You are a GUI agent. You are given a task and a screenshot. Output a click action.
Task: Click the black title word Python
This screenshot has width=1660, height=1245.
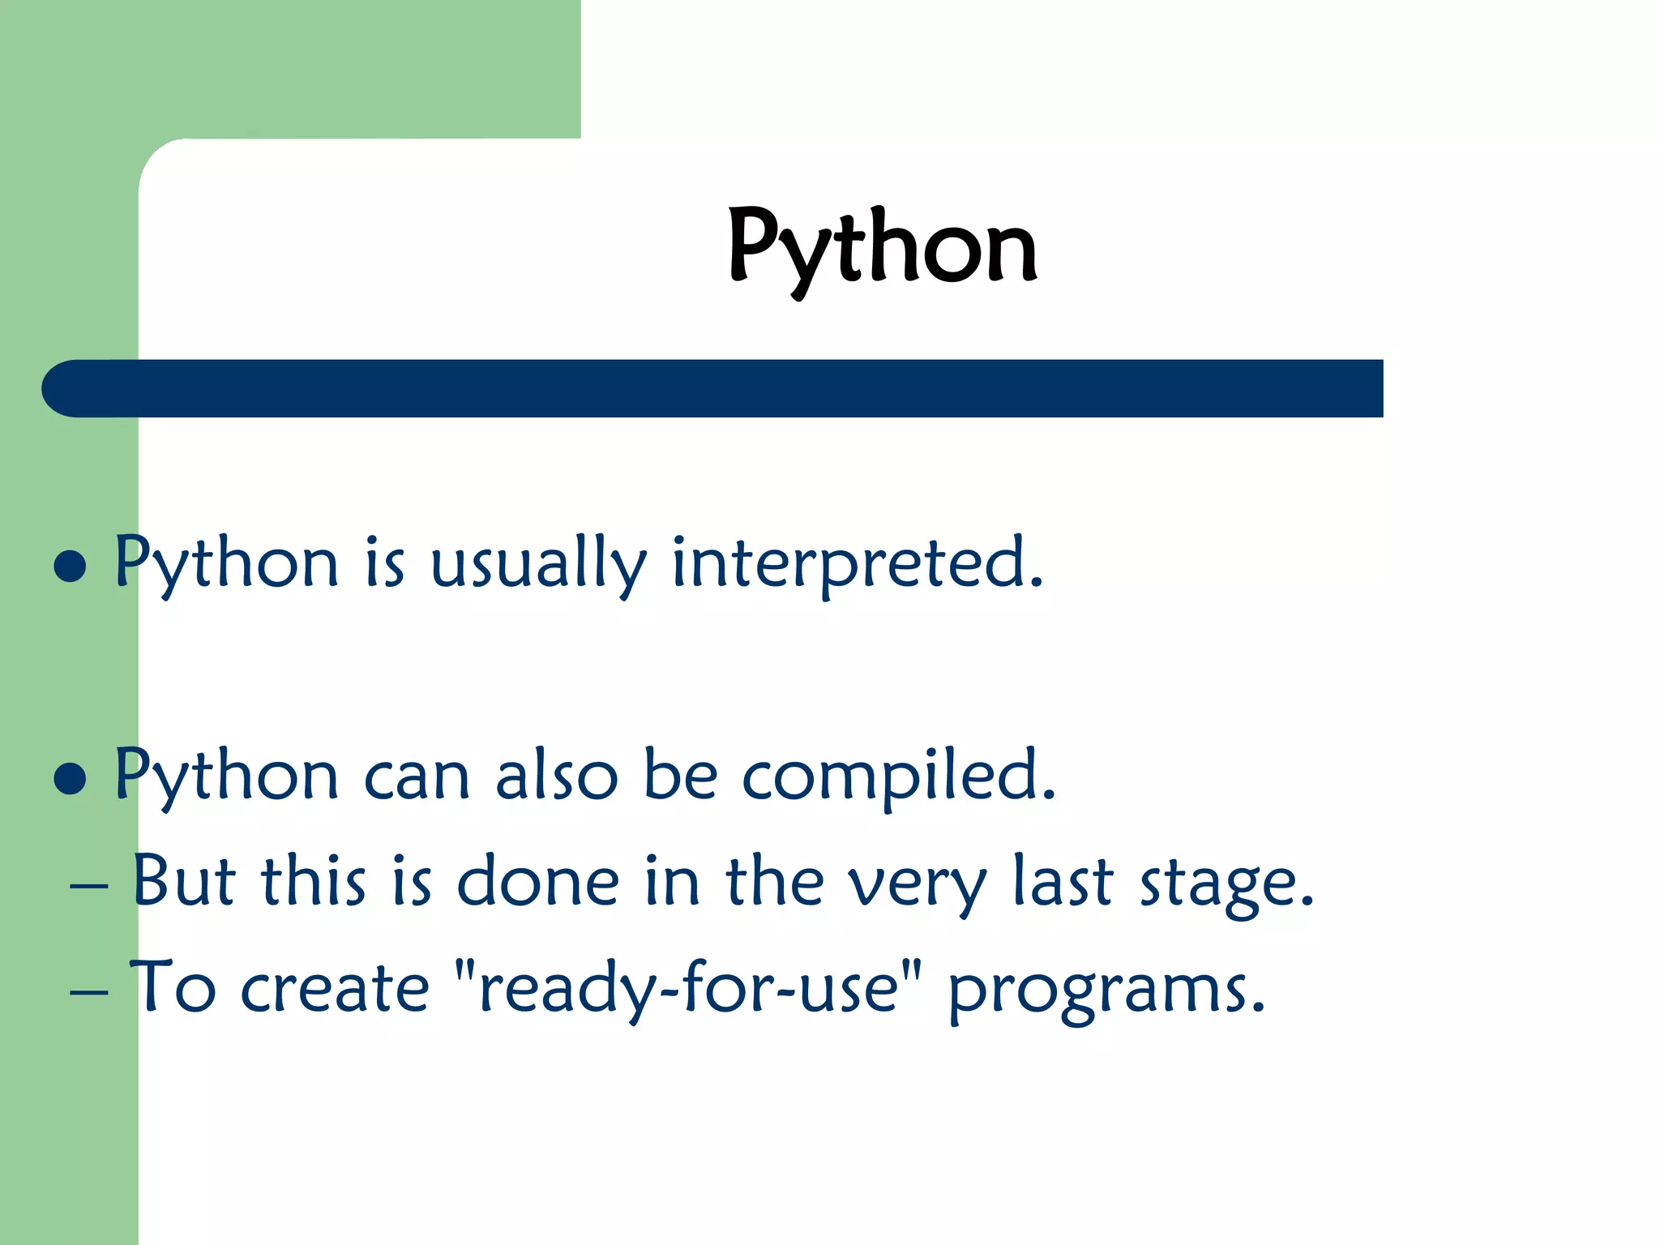click(x=882, y=247)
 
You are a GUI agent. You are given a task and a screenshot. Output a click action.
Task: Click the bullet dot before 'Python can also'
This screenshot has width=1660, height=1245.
click(x=70, y=778)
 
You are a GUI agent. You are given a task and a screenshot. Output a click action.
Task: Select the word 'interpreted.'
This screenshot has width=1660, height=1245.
click(x=858, y=564)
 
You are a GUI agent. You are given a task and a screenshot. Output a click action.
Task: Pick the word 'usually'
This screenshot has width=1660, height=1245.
click(x=537, y=564)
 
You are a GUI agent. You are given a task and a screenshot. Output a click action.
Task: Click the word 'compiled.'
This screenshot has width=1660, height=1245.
click(x=898, y=777)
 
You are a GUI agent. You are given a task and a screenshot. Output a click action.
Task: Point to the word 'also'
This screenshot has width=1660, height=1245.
click(x=556, y=777)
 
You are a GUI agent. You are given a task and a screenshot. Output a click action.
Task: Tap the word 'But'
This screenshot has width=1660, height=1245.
click(x=184, y=881)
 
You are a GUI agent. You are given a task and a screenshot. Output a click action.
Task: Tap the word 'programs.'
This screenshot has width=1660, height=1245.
click(x=1106, y=990)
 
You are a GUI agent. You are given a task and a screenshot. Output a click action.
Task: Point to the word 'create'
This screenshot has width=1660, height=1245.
click(x=334, y=989)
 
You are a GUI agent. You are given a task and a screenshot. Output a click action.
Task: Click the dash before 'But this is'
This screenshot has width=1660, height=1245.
click(x=89, y=886)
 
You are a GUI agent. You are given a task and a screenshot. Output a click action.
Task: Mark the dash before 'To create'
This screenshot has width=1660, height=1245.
click(x=89, y=992)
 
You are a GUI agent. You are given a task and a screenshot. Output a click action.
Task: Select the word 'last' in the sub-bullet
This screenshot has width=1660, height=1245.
click(x=1063, y=881)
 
